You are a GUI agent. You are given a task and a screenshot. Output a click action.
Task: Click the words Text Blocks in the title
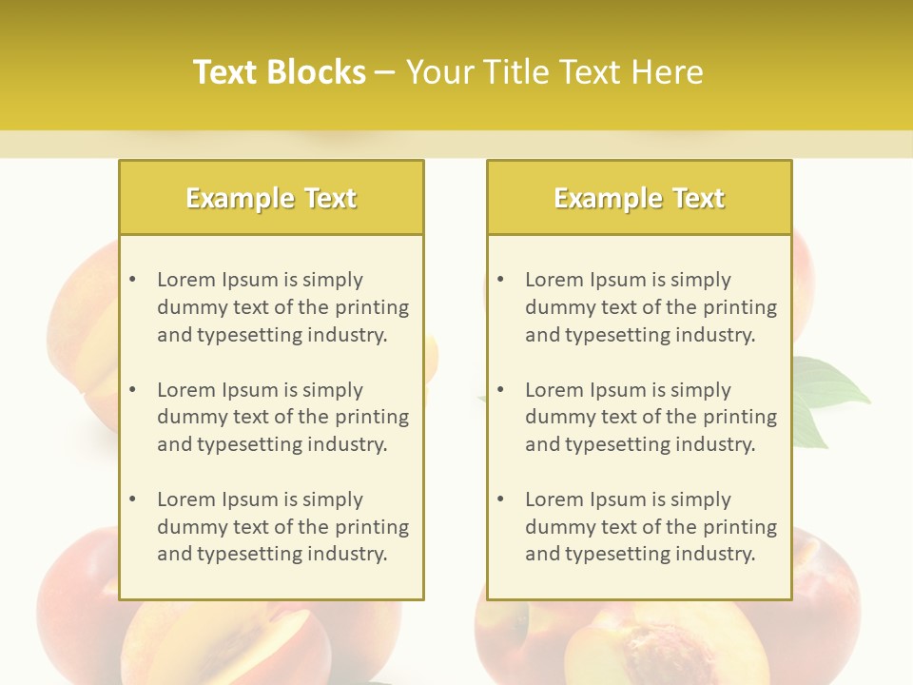[x=279, y=72]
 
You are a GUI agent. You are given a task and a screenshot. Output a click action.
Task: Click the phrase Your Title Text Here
[x=554, y=72]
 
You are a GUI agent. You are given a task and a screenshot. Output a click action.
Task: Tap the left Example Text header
[x=271, y=198]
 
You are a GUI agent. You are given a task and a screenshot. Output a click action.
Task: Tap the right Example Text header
[x=639, y=198]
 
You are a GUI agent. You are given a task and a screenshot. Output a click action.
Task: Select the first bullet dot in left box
[x=133, y=280]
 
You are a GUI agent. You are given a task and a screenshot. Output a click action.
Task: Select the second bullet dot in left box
[x=133, y=390]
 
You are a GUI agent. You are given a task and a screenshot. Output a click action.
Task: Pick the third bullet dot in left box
[x=133, y=499]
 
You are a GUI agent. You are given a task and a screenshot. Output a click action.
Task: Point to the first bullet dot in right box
[x=501, y=280]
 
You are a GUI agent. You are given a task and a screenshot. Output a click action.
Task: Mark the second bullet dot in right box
[x=501, y=390]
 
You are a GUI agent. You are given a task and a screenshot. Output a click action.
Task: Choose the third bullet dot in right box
[x=501, y=499]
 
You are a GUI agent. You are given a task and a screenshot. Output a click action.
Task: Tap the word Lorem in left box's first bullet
[x=186, y=280]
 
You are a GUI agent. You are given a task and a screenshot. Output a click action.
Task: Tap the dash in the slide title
[x=385, y=72]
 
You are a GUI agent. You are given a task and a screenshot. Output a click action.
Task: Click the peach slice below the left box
[x=276, y=642]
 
